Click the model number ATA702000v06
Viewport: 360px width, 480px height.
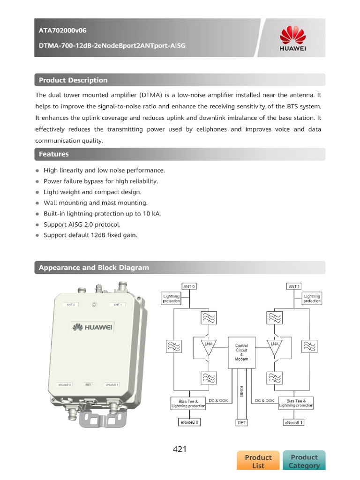tap(62, 30)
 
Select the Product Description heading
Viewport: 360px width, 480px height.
tap(73, 80)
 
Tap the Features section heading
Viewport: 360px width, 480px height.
tap(54, 154)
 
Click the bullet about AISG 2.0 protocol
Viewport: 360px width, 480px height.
tap(82, 225)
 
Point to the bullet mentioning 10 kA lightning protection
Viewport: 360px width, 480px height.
tap(102, 214)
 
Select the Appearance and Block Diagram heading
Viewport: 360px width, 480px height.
tap(94, 268)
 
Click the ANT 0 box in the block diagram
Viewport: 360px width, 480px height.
tap(189, 286)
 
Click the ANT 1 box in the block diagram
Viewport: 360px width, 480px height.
tap(294, 286)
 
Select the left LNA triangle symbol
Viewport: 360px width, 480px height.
tap(208, 347)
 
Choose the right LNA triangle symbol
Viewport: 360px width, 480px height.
tap(275, 347)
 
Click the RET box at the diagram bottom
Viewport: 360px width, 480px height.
tap(241, 422)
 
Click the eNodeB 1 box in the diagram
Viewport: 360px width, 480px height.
tap(294, 422)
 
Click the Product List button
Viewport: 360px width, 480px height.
tap(258, 461)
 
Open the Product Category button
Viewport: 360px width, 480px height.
tap(304, 460)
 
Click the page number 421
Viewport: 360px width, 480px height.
tap(180, 449)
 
